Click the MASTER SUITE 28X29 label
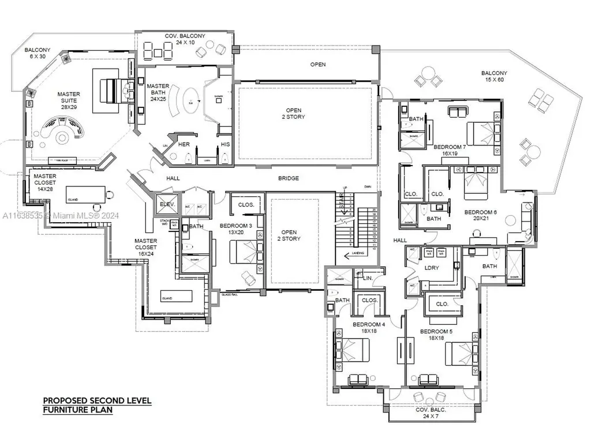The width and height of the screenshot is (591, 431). pos(69,98)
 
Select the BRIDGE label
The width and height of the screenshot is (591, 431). pos(289,178)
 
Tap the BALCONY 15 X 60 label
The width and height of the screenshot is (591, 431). pos(495,77)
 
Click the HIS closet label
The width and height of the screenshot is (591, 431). pos(225,144)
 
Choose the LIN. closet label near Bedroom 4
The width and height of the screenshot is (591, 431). pos(368,278)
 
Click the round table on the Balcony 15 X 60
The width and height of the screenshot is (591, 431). pos(428,74)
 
